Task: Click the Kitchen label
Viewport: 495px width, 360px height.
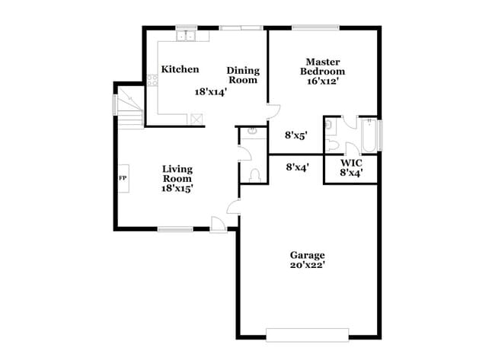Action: click(180, 69)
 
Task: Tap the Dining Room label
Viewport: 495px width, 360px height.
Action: click(243, 75)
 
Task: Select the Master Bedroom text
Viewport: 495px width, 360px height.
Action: click(321, 66)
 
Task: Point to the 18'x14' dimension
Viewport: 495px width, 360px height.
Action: click(211, 91)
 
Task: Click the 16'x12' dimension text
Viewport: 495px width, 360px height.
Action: click(321, 80)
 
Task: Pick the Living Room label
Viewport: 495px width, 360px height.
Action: click(177, 174)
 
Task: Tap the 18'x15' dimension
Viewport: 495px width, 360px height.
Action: click(177, 188)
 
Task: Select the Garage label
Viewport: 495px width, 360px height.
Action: click(307, 255)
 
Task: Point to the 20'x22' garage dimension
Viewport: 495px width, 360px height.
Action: click(307, 266)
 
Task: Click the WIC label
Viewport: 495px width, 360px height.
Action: click(351, 163)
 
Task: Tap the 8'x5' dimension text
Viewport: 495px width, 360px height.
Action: click(296, 135)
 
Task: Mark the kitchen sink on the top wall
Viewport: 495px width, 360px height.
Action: click(187, 36)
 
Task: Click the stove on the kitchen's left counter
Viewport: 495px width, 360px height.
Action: click(152, 78)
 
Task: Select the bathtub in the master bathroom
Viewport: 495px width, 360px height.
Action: click(368, 136)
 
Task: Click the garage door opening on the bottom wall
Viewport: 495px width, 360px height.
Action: click(307, 333)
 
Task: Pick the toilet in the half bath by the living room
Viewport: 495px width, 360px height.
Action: click(255, 175)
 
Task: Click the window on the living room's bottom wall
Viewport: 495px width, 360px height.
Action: click(175, 228)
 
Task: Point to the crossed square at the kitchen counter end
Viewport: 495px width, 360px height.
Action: click(196, 118)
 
